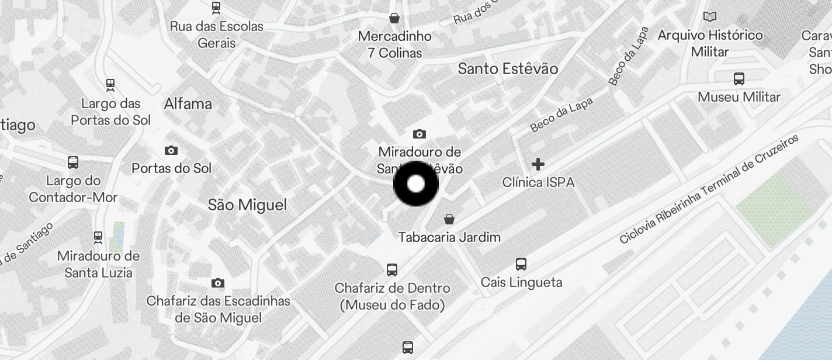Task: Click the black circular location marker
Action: (x=415, y=184)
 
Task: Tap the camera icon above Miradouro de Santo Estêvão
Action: (x=419, y=134)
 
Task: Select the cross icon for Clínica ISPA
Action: (x=538, y=164)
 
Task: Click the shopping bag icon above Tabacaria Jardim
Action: (x=449, y=219)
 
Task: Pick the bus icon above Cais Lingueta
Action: (x=521, y=264)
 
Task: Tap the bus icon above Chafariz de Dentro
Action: (x=392, y=270)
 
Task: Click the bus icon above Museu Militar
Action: (x=739, y=79)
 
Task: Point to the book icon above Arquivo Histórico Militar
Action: (x=710, y=17)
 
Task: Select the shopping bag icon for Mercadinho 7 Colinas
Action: (x=394, y=18)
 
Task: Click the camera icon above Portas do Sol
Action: (x=171, y=151)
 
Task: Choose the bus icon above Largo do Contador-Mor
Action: (x=73, y=162)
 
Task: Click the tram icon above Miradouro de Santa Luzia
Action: (x=98, y=238)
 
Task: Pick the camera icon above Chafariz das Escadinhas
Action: (x=218, y=283)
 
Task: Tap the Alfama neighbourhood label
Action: (x=188, y=104)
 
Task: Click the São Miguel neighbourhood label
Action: (x=248, y=205)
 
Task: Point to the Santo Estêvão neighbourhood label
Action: (x=508, y=69)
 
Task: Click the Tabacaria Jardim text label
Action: (x=449, y=237)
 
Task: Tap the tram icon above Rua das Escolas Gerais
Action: (x=216, y=8)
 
